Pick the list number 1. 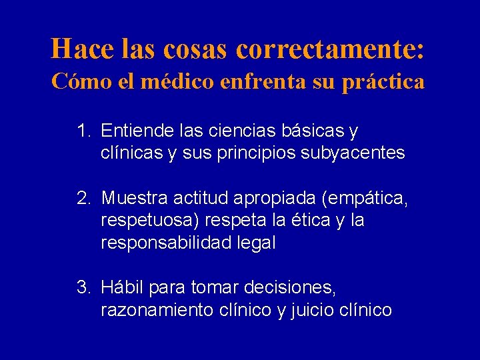coord(83,129)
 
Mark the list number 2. coord(83,197)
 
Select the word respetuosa coord(153,220)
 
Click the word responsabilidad coord(167,243)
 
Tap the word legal coord(256,243)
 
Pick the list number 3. coord(83,288)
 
